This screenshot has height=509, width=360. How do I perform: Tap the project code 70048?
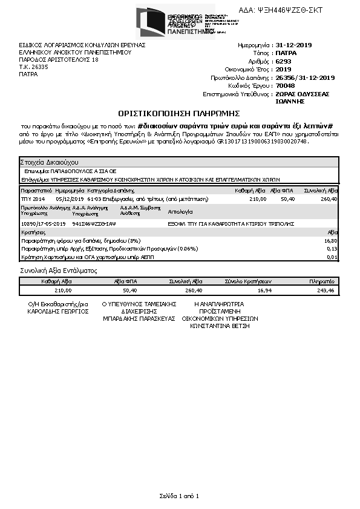(x=285, y=86)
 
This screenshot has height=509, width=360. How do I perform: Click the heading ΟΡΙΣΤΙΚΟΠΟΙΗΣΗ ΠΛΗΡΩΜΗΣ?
(x=180, y=113)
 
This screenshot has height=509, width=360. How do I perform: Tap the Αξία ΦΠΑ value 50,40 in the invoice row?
(x=287, y=199)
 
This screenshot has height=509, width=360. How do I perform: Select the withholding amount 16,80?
(x=331, y=240)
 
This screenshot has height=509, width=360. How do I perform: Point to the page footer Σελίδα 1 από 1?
(x=179, y=496)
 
